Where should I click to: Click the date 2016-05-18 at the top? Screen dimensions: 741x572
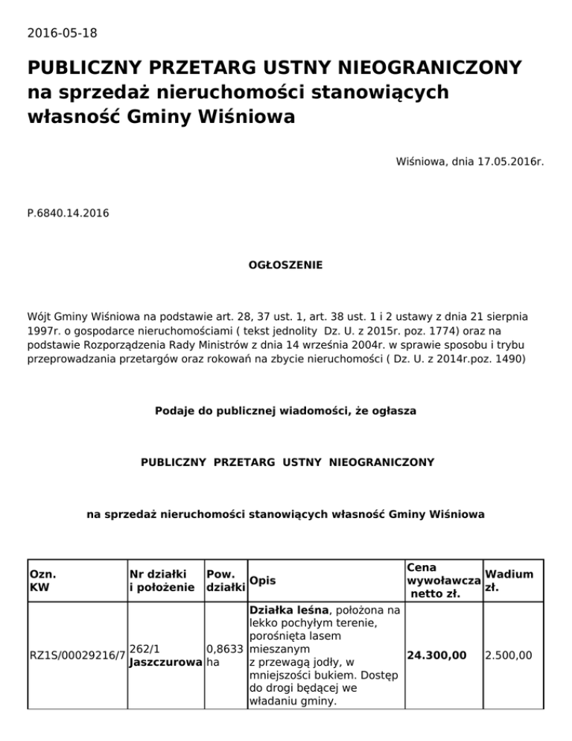[62, 33]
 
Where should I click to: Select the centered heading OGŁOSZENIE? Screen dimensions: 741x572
[285, 265]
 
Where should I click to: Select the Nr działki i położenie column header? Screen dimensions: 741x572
[164, 581]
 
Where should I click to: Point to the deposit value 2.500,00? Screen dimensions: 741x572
[508, 655]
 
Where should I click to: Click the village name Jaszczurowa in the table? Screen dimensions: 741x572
[164, 662]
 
